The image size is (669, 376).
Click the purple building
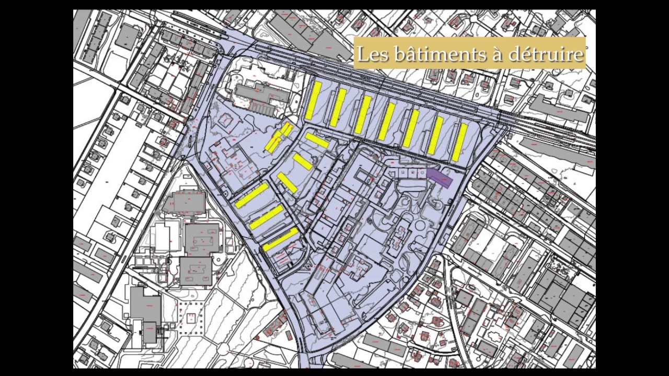[x=439, y=177]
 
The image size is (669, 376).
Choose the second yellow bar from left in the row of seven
[x=338, y=108]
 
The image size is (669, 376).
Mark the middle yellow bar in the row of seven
[x=387, y=122]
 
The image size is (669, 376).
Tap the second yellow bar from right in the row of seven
[x=435, y=135]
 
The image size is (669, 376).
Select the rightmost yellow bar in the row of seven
[x=459, y=142]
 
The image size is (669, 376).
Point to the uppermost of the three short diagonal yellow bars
[x=317, y=140]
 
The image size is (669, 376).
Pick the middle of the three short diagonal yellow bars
[x=303, y=161]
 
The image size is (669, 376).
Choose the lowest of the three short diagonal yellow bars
[x=287, y=182]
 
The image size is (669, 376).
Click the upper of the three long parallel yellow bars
[x=252, y=195]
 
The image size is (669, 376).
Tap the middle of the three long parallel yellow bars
[x=267, y=217]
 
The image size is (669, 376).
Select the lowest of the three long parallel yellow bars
[x=281, y=239]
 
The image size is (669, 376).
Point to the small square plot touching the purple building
[x=421, y=172]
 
